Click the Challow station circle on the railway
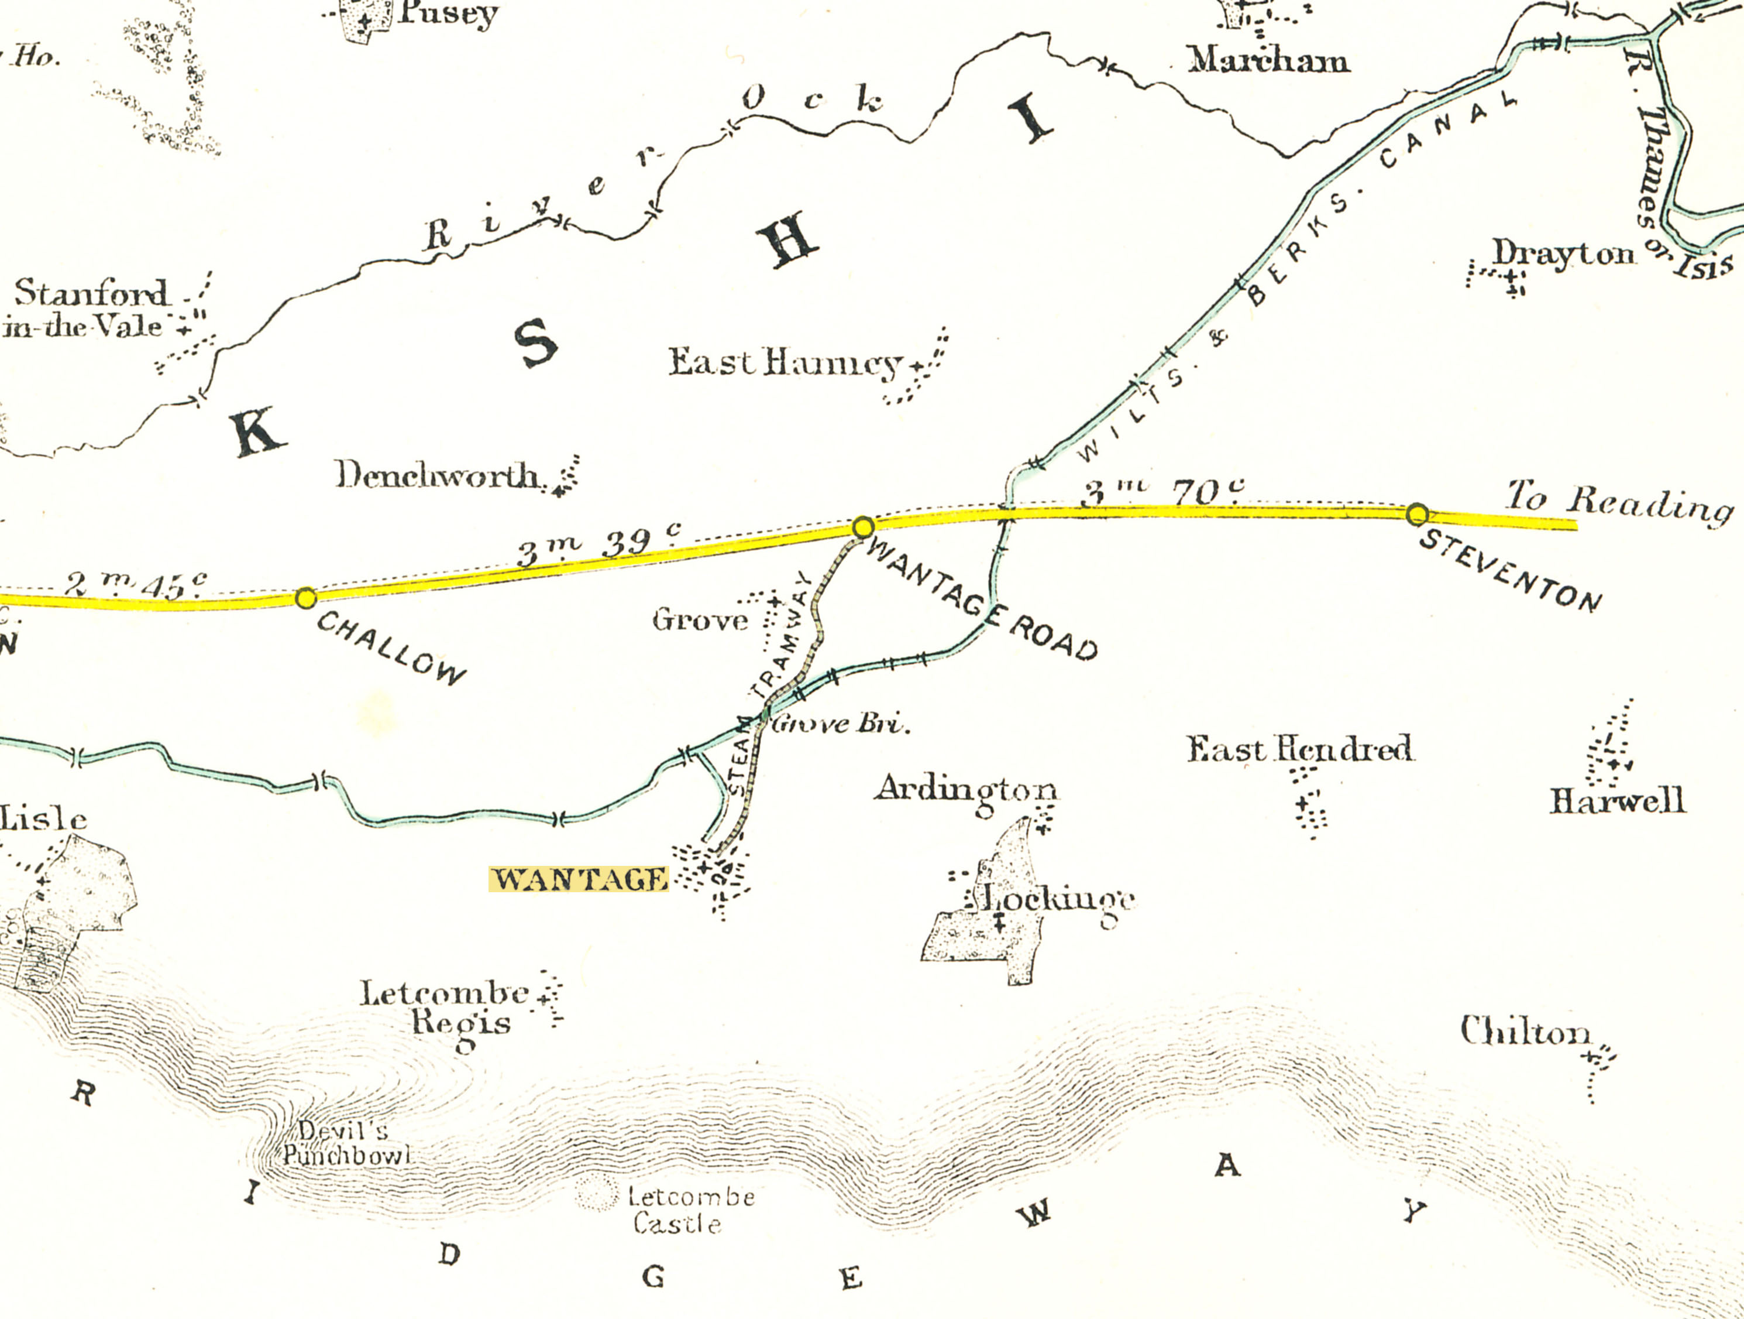pyautogui.click(x=306, y=598)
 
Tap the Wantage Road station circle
pyautogui.click(x=864, y=526)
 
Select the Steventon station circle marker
pyautogui.click(x=1417, y=515)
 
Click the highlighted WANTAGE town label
pyautogui.click(x=579, y=879)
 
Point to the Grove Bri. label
pyautogui.click(x=841, y=724)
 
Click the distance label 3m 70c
pyautogui.click(x=1163, y=492)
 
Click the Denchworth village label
pyautogui.click(x=438, y=476)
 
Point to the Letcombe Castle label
pyautogui.click(x=691, y=1210)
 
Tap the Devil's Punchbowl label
pyautogui.click(x=347, y=1143)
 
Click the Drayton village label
pyautogui.click(x=1563, y=254)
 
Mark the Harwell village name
pyautogui.click(x=1618, y=801)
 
